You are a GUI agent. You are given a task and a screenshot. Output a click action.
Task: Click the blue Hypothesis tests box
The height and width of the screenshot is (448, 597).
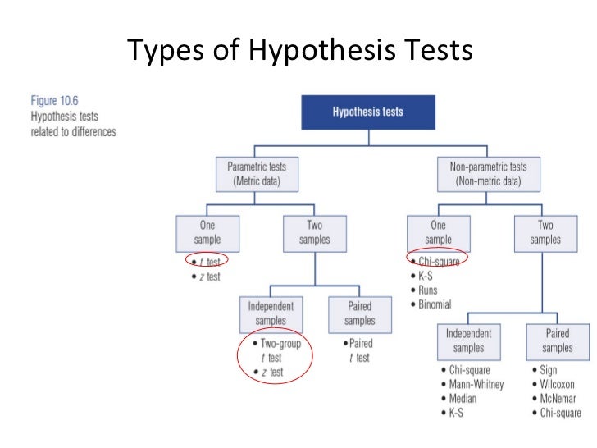coord(367,112)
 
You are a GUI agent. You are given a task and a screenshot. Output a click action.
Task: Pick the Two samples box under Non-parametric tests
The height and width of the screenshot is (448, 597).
coord(545,233)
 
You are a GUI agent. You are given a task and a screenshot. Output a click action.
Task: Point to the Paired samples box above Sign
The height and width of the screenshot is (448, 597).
coord(558,341)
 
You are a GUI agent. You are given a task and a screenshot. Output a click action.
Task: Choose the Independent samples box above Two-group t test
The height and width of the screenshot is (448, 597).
coord(270,312)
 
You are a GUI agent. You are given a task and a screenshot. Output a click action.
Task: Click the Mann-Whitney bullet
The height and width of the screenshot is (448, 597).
coord(476,384)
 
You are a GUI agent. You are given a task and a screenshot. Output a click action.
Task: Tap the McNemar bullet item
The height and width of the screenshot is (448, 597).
coord(561,399)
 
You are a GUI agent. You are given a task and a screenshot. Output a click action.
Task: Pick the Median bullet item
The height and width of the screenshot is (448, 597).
coord(466,399)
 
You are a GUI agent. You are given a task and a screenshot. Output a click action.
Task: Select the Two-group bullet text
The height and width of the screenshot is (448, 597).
coord(280,343)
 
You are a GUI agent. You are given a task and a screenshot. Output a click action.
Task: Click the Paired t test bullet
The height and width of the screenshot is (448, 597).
coord(358,350)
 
